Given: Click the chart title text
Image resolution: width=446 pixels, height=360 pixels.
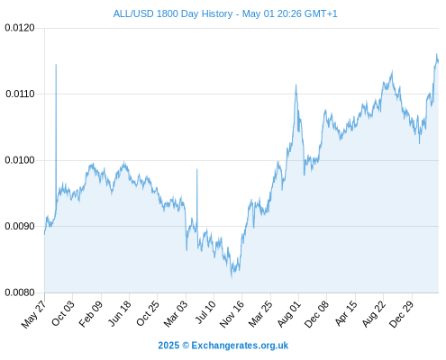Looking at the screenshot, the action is [x=225, y=13].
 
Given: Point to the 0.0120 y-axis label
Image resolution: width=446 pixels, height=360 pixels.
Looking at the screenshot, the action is [x=20, y=28].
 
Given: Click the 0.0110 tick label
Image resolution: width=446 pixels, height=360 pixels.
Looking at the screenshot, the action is [x=20, y=94].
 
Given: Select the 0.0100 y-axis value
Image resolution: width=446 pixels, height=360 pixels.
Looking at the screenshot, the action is [x=20, y=160].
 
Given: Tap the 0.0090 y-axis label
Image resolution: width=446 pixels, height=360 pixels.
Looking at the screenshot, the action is [x=20, y=226].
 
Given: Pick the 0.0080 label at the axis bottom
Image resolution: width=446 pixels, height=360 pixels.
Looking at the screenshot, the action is [x=20, y=292].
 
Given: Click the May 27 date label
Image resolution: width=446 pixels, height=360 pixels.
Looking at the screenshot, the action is [x=33, y=314].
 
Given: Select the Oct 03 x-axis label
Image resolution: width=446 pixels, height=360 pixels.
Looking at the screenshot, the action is [x=63, y=313].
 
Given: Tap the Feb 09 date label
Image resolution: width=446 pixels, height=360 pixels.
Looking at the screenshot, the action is [x=91, y=313].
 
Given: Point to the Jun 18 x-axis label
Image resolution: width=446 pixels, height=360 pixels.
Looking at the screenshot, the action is [x=120, y=313].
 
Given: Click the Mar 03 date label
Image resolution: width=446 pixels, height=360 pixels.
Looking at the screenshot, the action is [x=176, y=313].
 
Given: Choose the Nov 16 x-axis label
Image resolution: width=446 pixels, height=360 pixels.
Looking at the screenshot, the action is [x=232, y=314].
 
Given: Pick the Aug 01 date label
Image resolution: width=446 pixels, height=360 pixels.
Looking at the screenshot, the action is [x=288, y=313].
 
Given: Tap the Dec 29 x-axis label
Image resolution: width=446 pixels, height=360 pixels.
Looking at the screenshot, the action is [x=401, y=314].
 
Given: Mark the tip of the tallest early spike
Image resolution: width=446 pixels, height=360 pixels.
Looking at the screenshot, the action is [x=56, y=65].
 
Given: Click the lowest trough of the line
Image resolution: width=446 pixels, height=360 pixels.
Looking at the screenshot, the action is [x=232, y=277].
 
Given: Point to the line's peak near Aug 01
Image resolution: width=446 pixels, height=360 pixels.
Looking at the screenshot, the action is [x=296, y=85].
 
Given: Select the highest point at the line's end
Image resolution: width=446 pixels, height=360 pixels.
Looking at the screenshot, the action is [x=437, y=54].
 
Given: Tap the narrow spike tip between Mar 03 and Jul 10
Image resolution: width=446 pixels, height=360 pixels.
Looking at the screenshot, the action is [x=197, y=169].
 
